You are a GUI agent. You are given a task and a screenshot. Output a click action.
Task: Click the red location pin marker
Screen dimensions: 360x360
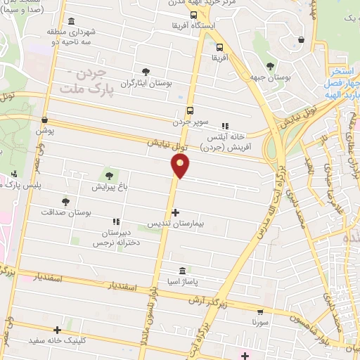click(181, 165)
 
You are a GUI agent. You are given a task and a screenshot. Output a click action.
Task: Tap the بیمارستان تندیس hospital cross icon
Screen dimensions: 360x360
click(175, 212)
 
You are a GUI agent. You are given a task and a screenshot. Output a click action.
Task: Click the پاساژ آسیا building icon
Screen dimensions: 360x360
click(182, 271)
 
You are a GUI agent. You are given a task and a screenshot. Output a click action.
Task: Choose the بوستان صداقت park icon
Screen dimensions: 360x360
click(65, 201)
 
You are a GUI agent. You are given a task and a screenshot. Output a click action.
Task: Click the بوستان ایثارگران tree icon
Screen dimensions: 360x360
click(146, 72)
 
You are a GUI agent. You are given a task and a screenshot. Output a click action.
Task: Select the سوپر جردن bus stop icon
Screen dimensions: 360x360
click(190, 110)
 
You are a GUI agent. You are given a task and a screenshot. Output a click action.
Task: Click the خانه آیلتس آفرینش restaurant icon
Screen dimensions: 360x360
click(226, 126)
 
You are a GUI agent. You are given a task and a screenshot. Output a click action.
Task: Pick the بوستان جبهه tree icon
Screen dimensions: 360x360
click(270, 65)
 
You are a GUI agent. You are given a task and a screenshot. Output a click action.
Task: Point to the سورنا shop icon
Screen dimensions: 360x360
click(261, 311)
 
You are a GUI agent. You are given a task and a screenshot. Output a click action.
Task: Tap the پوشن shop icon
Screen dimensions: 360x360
click(45, 120)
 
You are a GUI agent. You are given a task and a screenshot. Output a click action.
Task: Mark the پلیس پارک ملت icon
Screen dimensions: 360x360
click(15, 174)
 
